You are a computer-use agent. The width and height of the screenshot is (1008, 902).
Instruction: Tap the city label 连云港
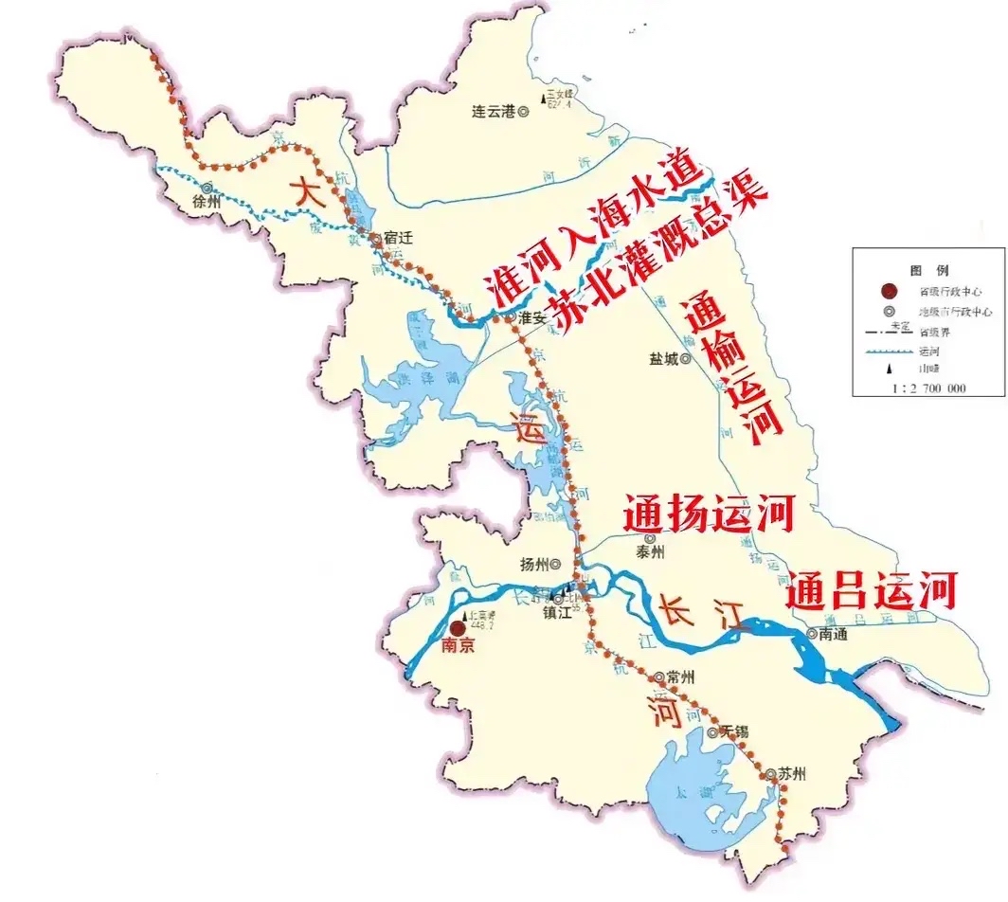493,111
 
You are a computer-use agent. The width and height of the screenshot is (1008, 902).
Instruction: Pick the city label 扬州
534,565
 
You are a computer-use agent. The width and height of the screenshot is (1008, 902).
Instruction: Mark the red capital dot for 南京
458,627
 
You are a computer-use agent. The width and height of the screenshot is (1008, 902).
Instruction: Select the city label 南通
835,634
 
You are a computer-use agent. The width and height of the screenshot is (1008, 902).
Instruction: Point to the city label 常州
680,677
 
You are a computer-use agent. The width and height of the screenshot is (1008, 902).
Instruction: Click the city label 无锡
734,731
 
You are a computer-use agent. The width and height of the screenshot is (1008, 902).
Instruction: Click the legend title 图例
928,270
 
